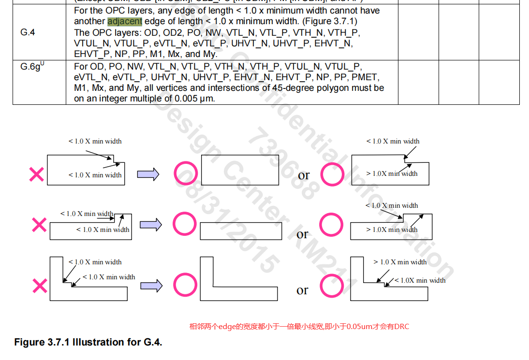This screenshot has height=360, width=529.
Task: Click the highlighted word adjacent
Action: [x=125, y=21]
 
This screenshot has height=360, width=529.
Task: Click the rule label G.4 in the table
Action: [x=28, y=32]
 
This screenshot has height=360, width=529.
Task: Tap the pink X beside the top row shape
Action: [x=37, y=174]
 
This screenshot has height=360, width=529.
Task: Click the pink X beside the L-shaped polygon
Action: [x=40, y=286]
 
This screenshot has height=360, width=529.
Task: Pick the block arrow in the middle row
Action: [x=151, y=225]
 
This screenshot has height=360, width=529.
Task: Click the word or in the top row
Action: [x=304, y=175]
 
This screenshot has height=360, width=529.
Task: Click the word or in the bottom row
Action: [x=302, y=290]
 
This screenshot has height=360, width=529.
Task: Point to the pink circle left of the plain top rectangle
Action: [x=185, y=174]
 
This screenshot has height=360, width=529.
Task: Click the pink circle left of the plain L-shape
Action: [x=185, y=285]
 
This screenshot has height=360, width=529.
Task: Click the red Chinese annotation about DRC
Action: [x=298, y=327]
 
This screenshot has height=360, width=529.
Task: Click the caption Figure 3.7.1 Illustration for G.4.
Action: [x=88, y=342]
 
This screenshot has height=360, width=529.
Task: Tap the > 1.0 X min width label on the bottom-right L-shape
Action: [x=400, y=262]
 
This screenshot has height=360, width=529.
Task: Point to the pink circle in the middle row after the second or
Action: [x=332, y=225]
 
